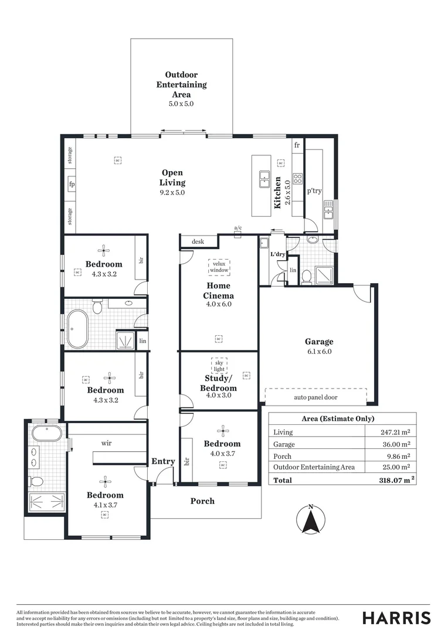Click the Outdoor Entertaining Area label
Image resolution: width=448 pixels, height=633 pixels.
(181, 84)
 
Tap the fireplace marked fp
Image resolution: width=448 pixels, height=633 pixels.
(72, 183)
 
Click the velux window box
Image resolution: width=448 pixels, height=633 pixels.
(219, 267)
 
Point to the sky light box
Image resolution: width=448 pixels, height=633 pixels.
(219, 366)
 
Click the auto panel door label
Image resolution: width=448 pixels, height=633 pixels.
(315, 397)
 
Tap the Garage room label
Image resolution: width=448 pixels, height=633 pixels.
(318, 342)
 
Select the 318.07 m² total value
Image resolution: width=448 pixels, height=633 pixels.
(396, 479)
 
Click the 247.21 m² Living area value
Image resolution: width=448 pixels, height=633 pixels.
(395, 432)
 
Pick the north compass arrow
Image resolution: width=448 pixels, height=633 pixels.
(311, 519)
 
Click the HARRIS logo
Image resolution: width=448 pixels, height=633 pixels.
(396, 618)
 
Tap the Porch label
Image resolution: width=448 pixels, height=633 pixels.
(202, 501)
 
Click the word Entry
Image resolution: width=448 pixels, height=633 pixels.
(163, 461)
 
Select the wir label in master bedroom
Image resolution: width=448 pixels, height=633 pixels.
(106, 443)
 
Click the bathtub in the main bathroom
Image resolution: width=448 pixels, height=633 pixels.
(77, 329)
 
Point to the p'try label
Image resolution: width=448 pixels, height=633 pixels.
(314, 190)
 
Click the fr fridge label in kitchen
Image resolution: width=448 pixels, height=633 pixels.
(297, 145)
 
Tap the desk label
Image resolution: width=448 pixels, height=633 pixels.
(197, 241)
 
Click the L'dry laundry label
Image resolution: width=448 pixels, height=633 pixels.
(277, 255)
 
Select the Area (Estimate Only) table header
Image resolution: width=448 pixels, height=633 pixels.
(342, 418)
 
